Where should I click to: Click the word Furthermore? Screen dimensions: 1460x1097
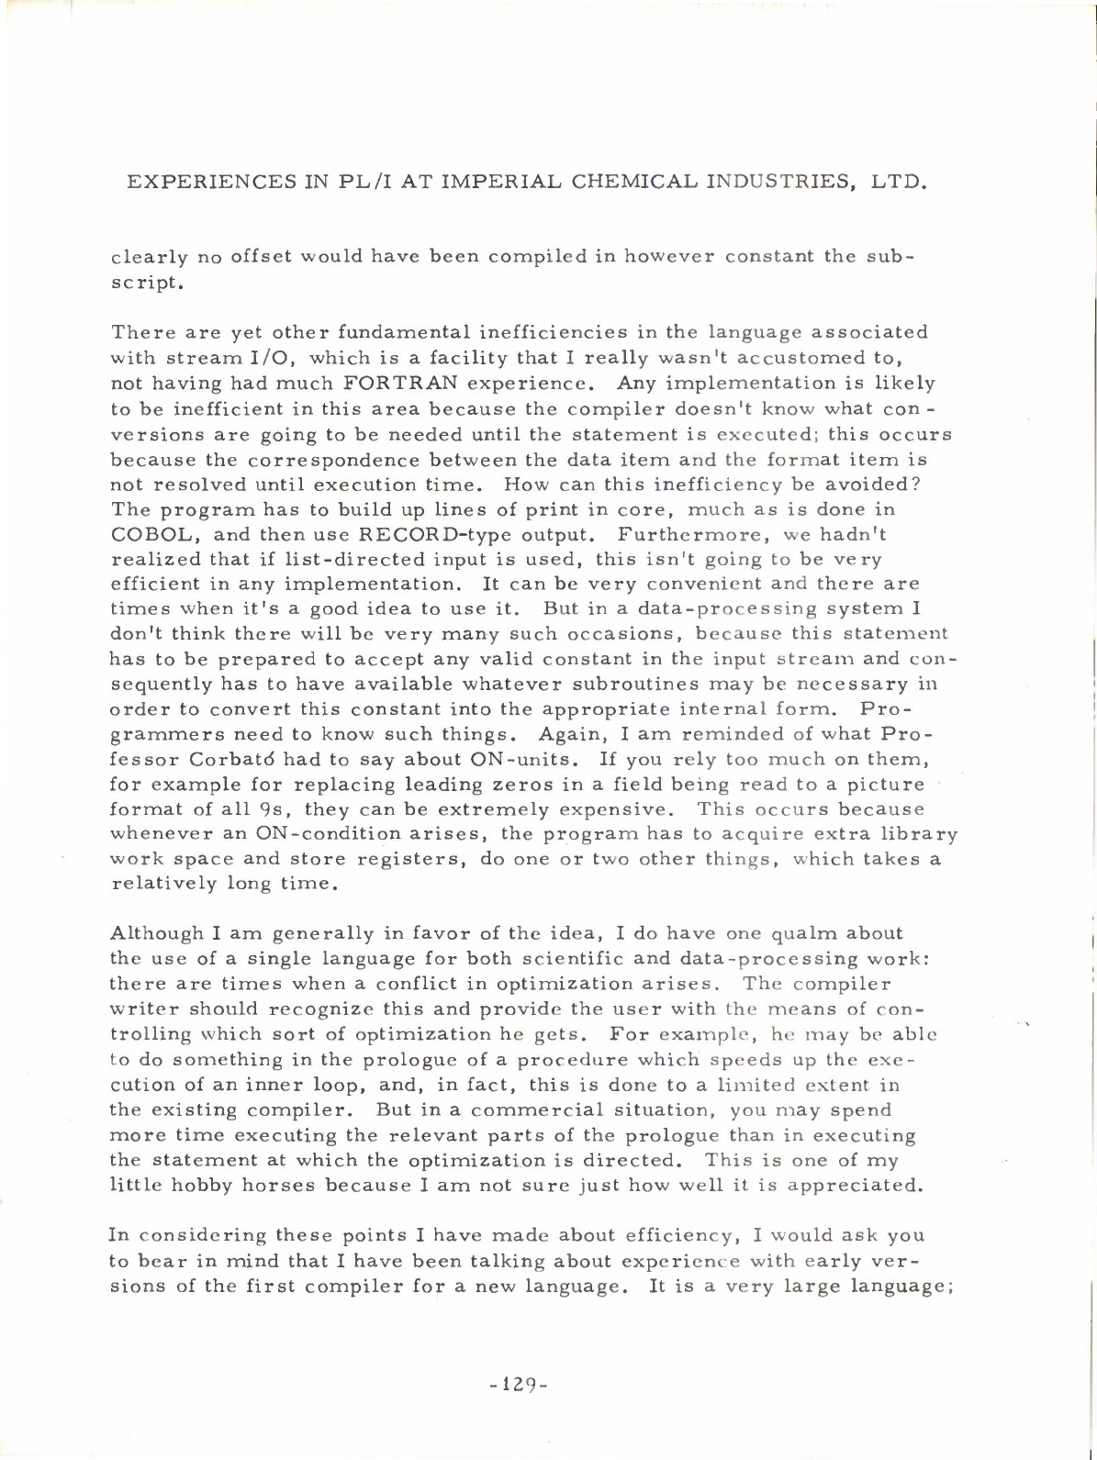click(x=684, y=534)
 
